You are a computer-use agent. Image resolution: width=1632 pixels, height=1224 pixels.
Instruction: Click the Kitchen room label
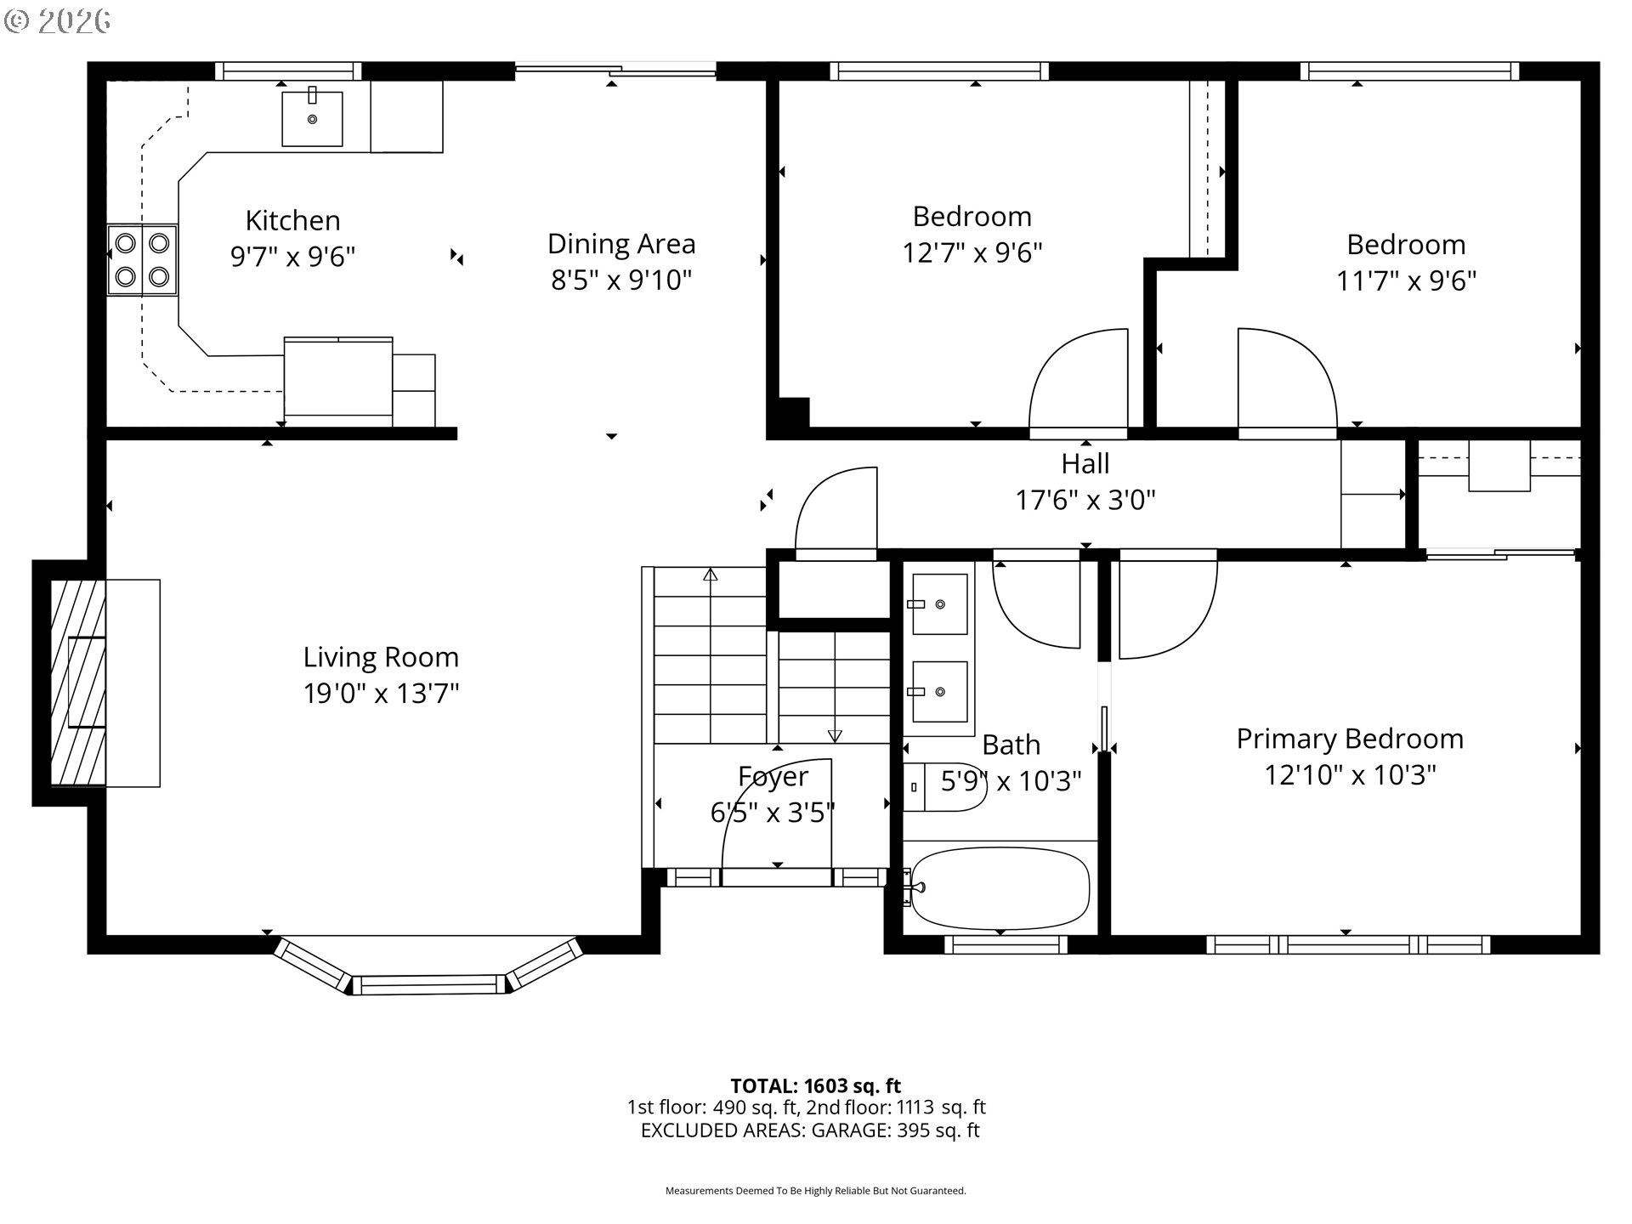pos(292,220)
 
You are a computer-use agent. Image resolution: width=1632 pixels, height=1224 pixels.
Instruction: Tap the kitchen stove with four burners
pos(142,259)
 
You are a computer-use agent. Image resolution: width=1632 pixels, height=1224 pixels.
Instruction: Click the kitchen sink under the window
pos(313,118)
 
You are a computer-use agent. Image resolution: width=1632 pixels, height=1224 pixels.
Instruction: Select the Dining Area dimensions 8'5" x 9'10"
pos(621,280)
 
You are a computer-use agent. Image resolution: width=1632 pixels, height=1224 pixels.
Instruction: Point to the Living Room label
pos(381,657)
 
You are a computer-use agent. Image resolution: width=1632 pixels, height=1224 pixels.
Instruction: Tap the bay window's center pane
pos(428,985)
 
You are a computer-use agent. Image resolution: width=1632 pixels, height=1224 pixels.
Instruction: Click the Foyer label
pos(773,776)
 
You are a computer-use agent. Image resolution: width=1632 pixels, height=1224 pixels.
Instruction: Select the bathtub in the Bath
pos(1000,888)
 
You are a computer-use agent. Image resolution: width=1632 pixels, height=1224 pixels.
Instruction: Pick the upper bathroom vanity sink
pos(939,604)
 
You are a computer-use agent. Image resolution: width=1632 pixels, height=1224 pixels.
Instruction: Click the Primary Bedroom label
pos(1350,739)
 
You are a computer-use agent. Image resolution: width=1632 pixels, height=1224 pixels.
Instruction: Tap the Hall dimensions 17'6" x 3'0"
pos(1085,500)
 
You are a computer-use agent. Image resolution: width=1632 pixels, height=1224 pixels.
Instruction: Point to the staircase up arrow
pos(711,575)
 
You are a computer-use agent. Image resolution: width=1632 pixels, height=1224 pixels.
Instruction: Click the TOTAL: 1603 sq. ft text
pos(815,1085)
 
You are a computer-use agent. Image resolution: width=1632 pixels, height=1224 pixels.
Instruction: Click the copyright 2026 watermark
pos(58,21)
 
